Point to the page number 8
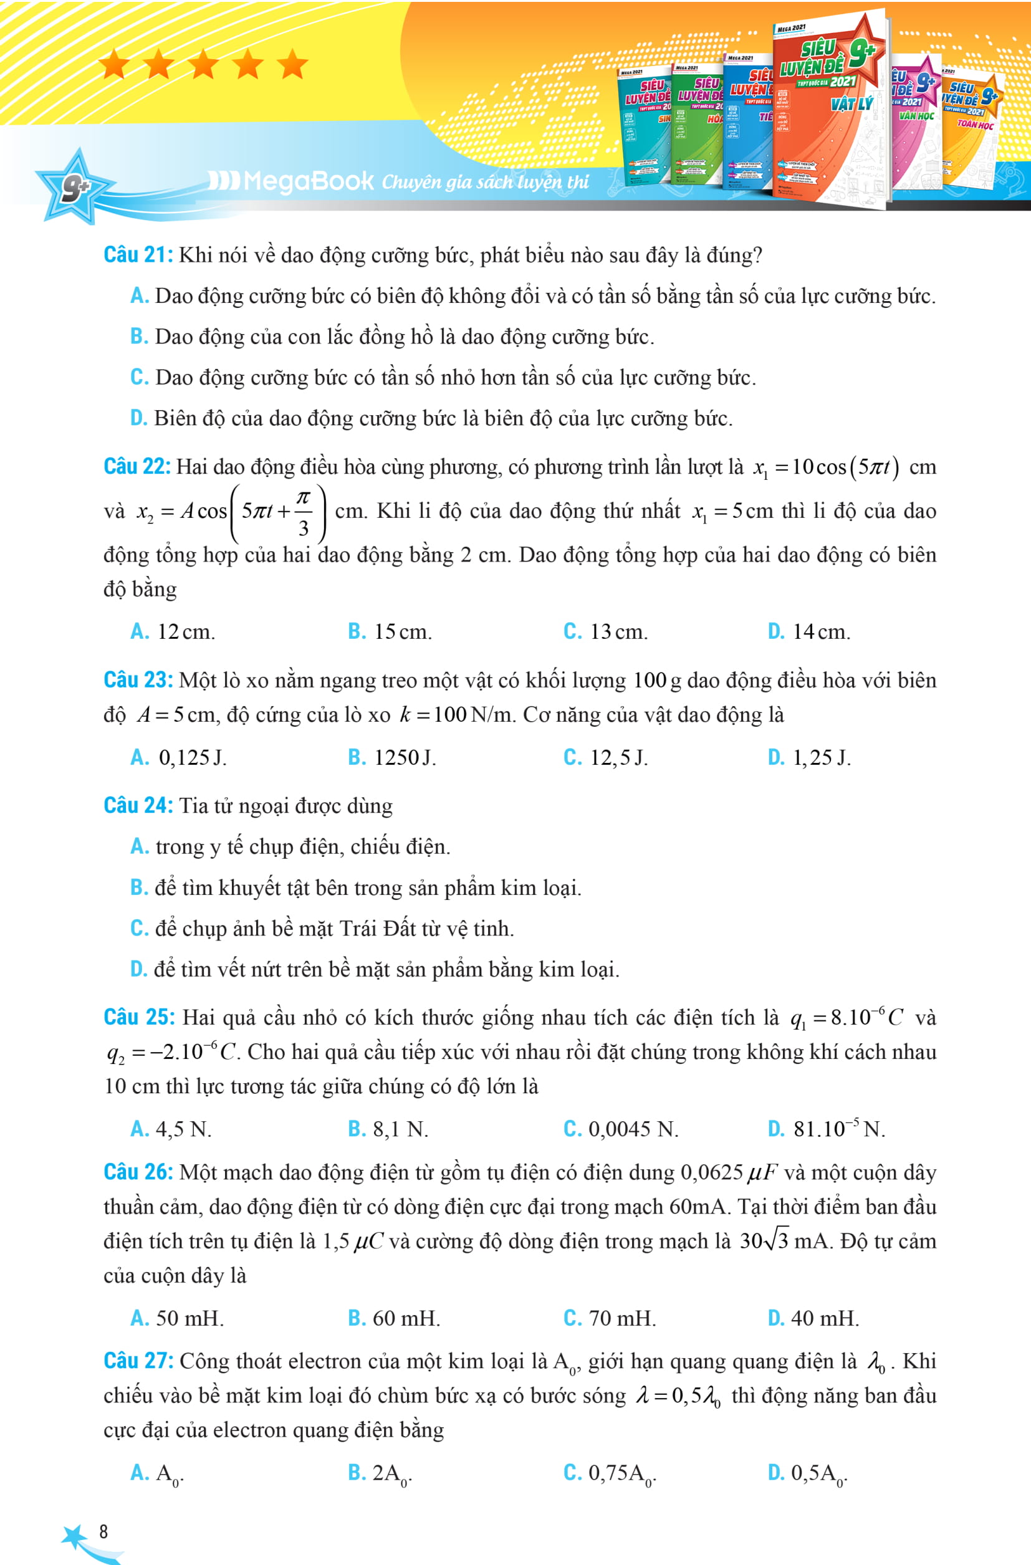tap(103, 1531)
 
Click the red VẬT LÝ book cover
tap(830, 108)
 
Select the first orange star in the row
tap(115, 65)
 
